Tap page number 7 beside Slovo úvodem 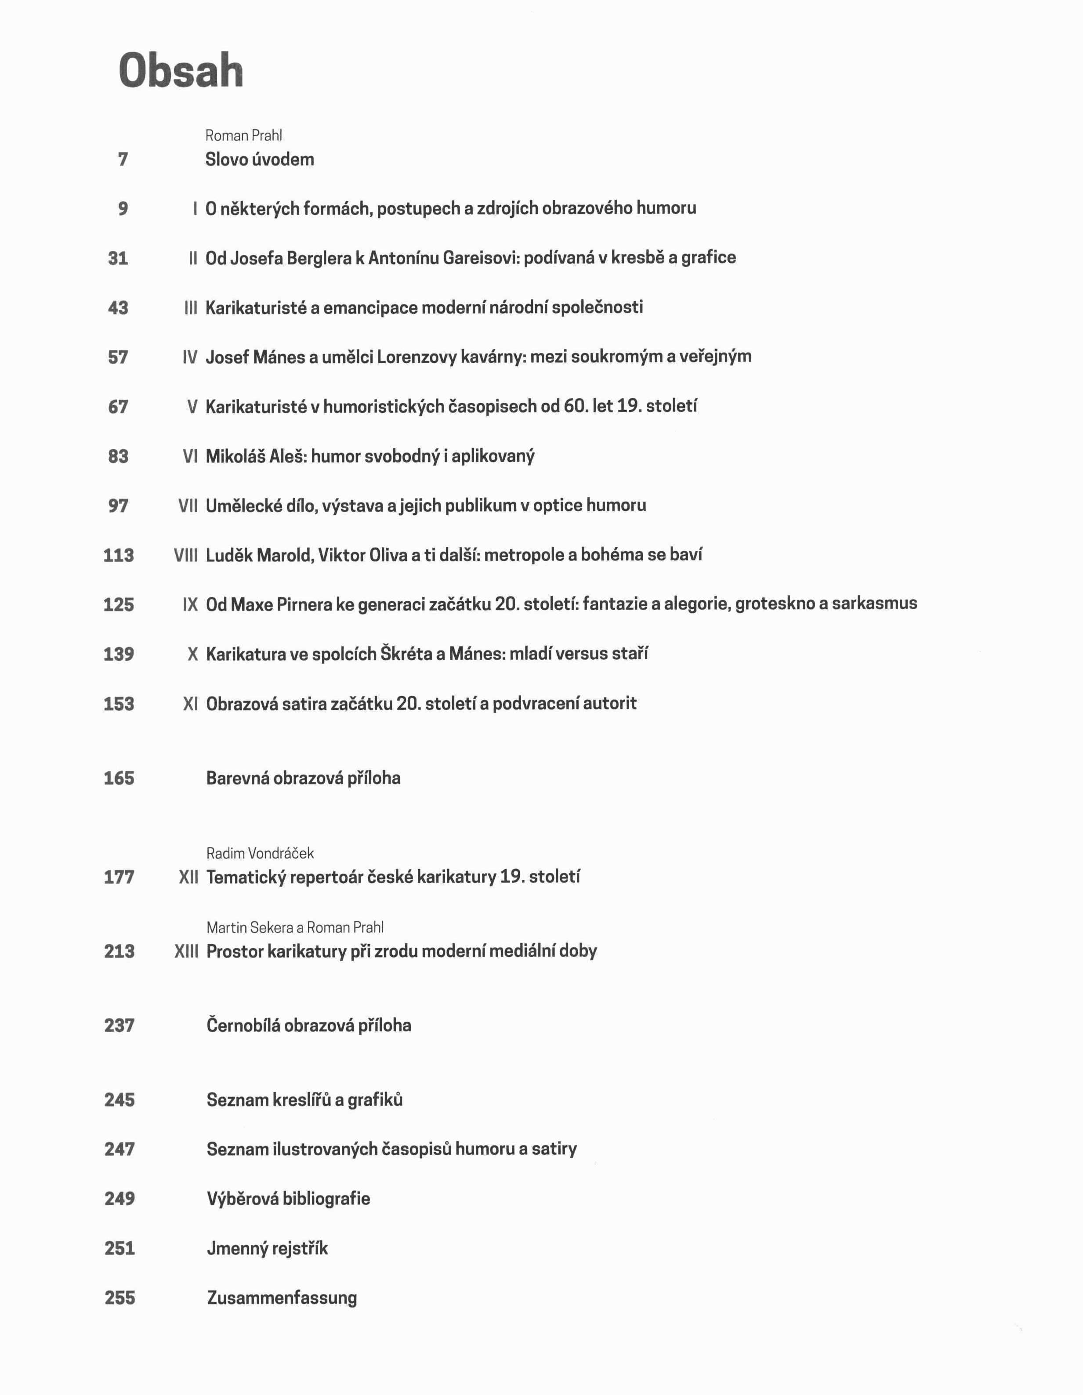click(x=123, y=159)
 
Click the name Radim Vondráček click(x=260, y=853)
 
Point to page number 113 click(x=119, y=555)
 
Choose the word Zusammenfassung click(x=282, y=1297)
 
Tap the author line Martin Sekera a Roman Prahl click(x=295, y=928)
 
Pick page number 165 click(x=119, y=778)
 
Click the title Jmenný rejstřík click(x=267, y=1248)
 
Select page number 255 click(x=120, y=1297)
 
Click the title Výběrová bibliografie click(x=288, y=1198)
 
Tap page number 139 click(x=119, y=654)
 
